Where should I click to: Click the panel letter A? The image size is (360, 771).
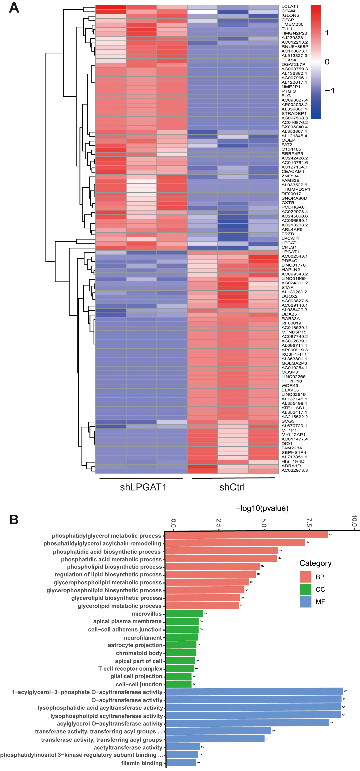click(14, 8)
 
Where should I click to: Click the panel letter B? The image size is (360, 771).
click(14, 519)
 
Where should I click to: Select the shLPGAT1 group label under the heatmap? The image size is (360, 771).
click(143, 487)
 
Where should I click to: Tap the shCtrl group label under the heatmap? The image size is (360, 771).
click(232, 487)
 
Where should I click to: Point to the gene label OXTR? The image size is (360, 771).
click(288, 203)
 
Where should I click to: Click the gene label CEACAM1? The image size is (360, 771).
click(293, 172)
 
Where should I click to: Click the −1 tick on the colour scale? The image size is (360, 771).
click(330, 91)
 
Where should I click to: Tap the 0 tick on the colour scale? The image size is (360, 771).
click(327, 62)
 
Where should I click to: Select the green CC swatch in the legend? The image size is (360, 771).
click(305, 589)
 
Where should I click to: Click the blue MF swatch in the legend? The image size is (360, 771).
click(305, 602)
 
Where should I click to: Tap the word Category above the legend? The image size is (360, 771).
click(315, 563)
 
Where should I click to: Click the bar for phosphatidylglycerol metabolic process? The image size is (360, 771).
click(246, 534)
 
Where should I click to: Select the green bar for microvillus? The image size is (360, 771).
click(184, 613)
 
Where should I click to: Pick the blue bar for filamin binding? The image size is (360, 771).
click(181, 763)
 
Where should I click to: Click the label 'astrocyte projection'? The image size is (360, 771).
click(135, 645)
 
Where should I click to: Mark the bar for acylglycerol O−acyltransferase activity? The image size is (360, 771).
click(247, 723)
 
